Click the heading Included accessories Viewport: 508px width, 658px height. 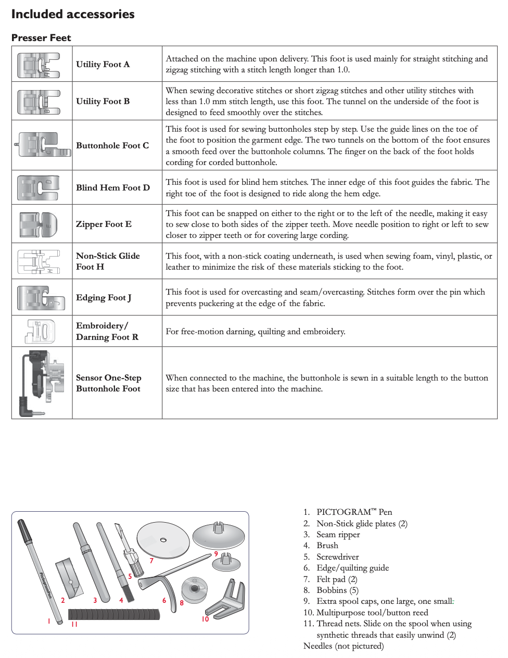point(73,14)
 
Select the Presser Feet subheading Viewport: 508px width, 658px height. point(41,37)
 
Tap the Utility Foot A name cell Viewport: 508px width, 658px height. point(103,64)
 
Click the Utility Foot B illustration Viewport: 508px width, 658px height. point(39,102)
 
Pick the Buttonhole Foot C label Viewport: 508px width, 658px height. point(112,145)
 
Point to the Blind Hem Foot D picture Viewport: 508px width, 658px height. point(39,187)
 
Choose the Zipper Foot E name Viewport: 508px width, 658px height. point(104,224)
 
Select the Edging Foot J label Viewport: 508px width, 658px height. point(104,297)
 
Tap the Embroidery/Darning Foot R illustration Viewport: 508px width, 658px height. point(41,331)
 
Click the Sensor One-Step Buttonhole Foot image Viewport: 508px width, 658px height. point(42,382)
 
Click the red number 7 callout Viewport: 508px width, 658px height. point(151,561)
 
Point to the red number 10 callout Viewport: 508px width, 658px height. point(205,619)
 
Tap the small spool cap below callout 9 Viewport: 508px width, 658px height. point(225,562)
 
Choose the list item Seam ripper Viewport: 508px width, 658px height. point(338,535)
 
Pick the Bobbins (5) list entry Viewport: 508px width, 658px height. point(337,590)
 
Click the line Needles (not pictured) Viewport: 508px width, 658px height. point(344,646)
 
